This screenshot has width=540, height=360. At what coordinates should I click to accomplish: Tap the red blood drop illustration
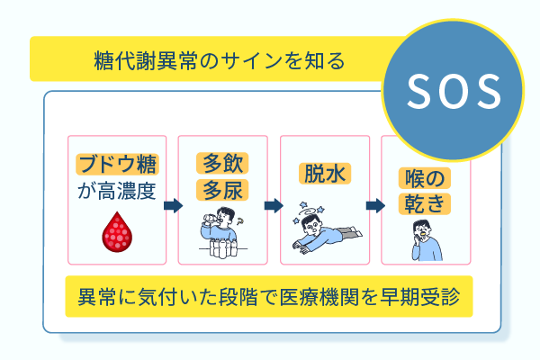[117, 234]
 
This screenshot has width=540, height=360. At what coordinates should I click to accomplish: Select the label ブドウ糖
[117, 165]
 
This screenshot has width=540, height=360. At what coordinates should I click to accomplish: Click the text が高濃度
[117, 190]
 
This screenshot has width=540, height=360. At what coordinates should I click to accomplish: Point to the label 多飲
[222, 164]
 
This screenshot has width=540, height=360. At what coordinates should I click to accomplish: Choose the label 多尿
[222, 189]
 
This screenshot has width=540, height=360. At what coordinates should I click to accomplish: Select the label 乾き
[421, 203]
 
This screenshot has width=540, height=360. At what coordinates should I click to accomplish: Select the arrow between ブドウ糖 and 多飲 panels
[173, 205]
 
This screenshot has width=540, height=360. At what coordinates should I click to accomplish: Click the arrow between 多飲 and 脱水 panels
[274, 205]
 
